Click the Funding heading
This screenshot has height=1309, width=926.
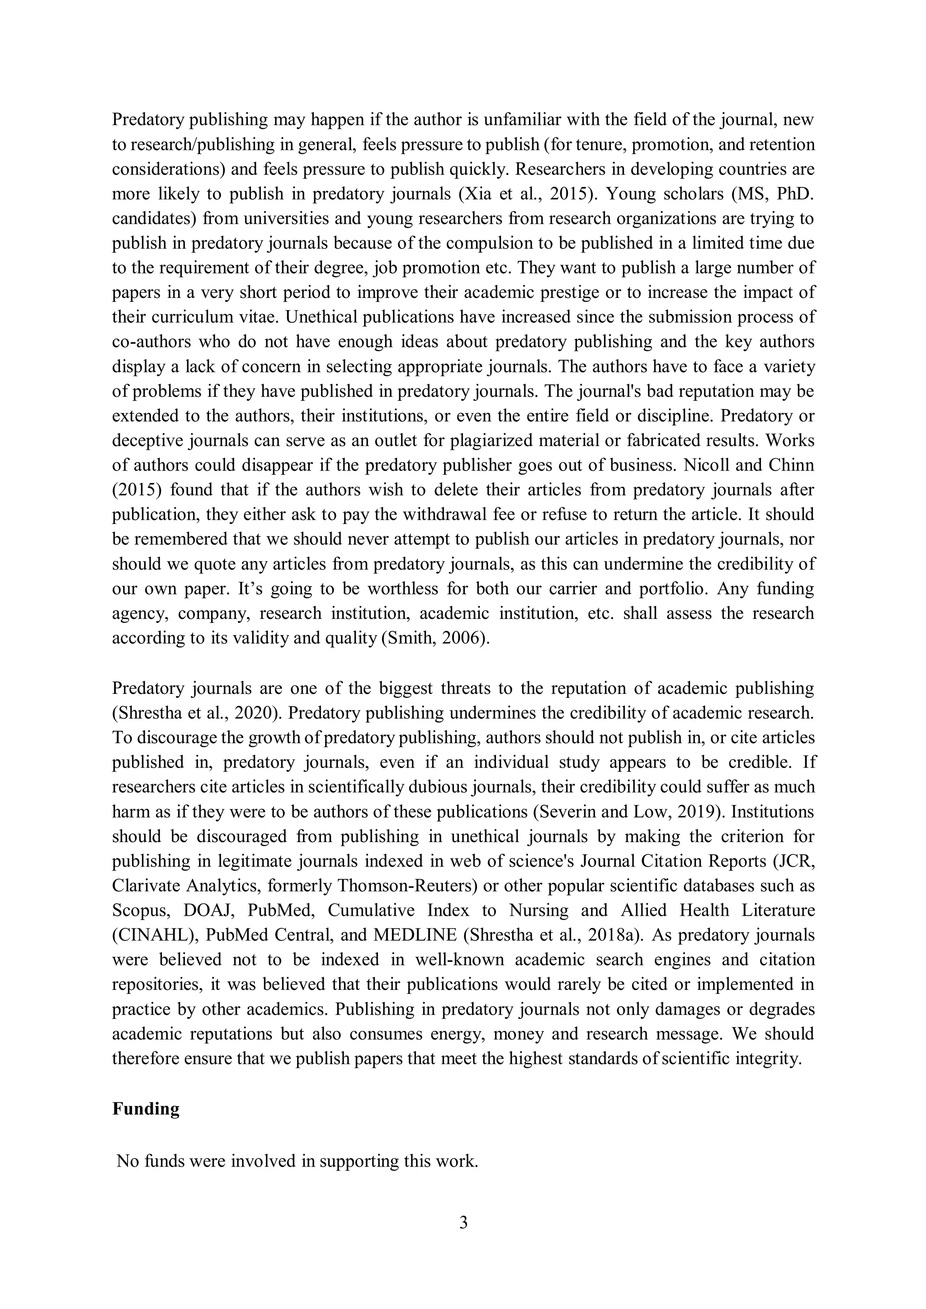pos(146,1108)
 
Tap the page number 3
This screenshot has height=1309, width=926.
pos(463,1222)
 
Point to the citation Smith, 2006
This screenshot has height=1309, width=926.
pos(436,637)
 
